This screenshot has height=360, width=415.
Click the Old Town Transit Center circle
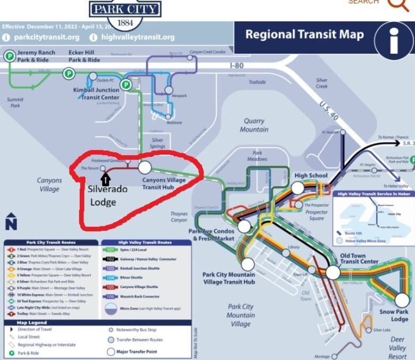pos(333,273)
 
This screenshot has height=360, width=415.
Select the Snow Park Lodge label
pos(394,315)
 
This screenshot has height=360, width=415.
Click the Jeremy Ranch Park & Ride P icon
pos(9,56)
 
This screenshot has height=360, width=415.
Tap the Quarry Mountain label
pos(254,125)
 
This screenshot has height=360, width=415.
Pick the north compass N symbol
pos(11,223)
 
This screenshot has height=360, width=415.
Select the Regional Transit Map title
pos(304,35)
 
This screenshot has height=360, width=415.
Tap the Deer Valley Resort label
pos(397,348)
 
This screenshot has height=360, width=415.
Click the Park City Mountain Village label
pos(240,315)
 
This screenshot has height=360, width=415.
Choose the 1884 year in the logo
pos(124,23)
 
